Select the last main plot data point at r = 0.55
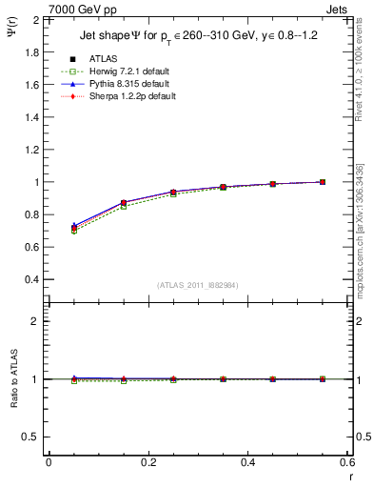(323, 181)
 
